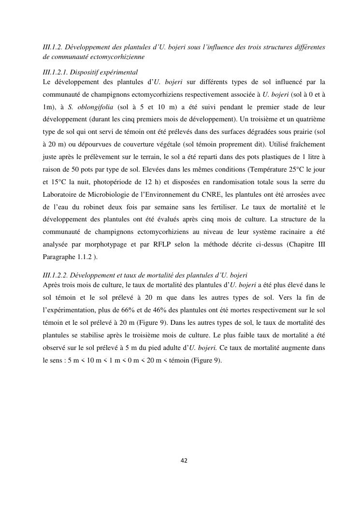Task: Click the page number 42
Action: (183, 460)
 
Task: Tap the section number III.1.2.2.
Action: (57, 275)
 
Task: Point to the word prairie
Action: (300, 131)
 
